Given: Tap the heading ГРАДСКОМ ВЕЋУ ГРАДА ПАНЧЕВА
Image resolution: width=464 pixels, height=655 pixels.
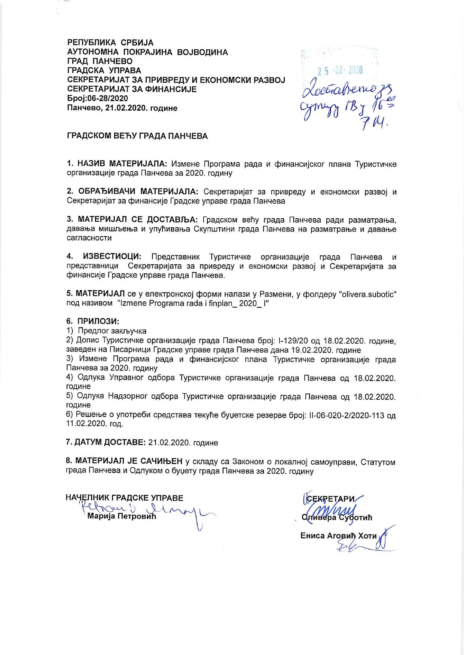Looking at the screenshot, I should [x=137, y=136].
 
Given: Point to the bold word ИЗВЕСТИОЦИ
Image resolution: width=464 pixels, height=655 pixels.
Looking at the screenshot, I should [x=112, y=257].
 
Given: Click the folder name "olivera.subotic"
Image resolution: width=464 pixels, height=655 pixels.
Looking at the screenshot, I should [x=367, y=294].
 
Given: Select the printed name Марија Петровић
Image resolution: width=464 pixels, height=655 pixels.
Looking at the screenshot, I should [x=121, y=517].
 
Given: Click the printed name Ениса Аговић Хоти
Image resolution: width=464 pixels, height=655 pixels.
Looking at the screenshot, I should [x=339, y=536].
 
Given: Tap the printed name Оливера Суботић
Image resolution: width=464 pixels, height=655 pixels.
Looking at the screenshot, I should [x=337, y=518].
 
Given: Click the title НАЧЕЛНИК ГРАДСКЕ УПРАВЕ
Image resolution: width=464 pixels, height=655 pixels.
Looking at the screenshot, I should [x=125, y=498].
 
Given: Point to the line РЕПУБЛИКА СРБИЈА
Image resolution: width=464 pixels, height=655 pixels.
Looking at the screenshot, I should [x=110, y=43].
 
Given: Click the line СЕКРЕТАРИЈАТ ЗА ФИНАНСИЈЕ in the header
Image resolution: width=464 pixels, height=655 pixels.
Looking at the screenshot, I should [x=132, y=89].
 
